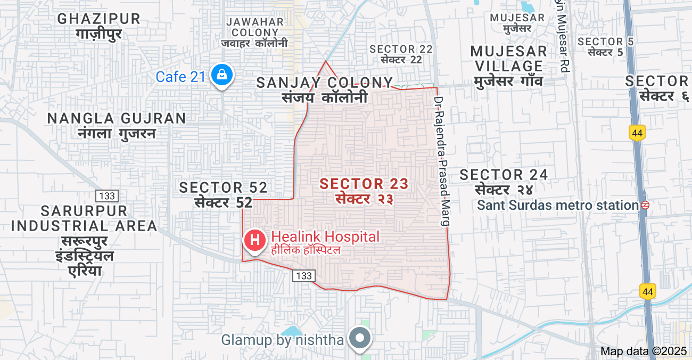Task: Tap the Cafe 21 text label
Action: coord(180,77)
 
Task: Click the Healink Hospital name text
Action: coord(325,237)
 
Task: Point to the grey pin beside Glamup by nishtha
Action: coord(360,338)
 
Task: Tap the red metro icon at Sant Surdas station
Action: coord(645,205)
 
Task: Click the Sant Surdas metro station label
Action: coord(557,205)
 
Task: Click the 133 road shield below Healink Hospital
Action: coord(303,275)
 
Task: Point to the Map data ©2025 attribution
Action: coord(644,351)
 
